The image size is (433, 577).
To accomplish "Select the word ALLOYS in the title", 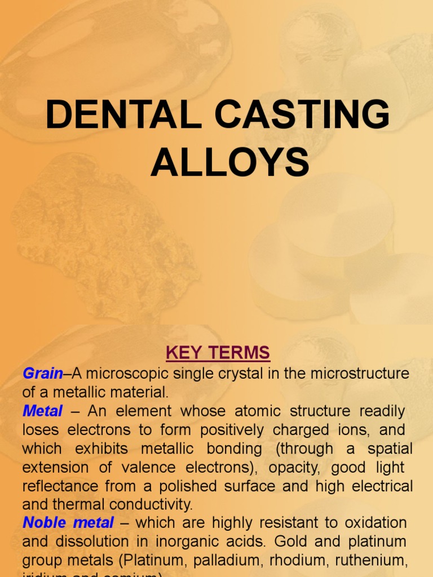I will pyautogui.click(x=229, y=162).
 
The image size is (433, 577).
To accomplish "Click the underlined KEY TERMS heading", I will pyautogui.click(x=218, y=353).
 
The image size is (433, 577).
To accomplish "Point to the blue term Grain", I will pyautogui.click(x=43, y=373).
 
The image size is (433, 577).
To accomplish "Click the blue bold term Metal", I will pyautogui.click(x=42, y=411).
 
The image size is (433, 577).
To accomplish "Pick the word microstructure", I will pyautogui.click(x=360, y=373).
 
